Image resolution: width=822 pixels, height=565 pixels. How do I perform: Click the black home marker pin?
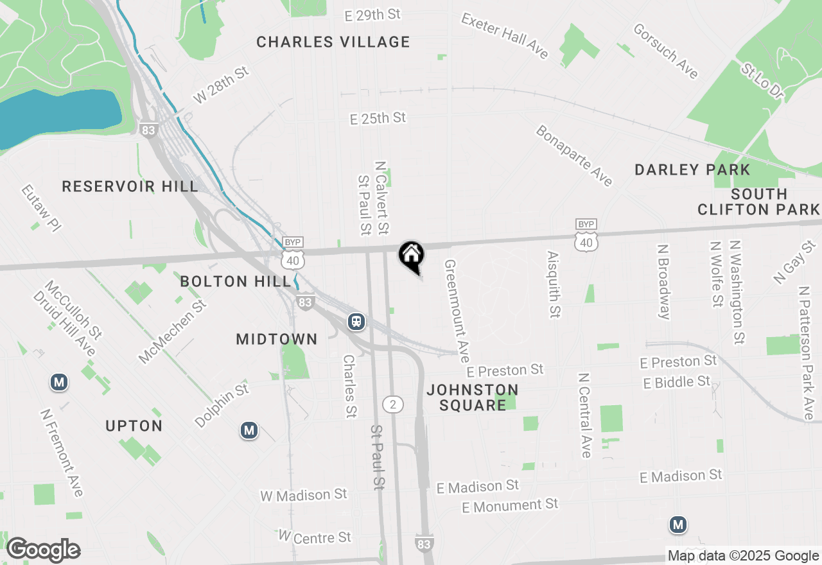(411, 256)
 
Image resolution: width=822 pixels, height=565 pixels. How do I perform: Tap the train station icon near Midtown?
(356, 321)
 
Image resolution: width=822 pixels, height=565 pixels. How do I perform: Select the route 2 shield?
(393, 404)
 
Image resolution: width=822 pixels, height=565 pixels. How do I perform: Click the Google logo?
(43, 550)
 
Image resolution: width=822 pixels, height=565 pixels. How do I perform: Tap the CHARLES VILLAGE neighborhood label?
(333, 42)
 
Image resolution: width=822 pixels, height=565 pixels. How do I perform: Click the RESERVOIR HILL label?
(130, 187)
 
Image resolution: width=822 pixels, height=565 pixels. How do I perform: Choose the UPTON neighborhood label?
(134, 426)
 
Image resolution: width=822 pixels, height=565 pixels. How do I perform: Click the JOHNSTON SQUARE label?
(473, 397)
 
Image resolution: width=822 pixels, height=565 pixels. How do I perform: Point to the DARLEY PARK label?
(692, 170)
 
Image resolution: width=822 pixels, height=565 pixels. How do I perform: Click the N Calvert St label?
(382, 197)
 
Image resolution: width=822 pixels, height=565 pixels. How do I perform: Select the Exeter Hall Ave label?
(505, 36)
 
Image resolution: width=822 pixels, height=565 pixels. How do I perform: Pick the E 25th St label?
(378, 118)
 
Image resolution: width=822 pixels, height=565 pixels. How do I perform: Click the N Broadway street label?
(664, 281)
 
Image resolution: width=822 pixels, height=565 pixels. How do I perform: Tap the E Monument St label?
(510, 505)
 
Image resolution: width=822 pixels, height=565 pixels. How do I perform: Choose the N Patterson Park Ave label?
(806, 354)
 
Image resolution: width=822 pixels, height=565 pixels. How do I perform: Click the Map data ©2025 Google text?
(743, 556)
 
